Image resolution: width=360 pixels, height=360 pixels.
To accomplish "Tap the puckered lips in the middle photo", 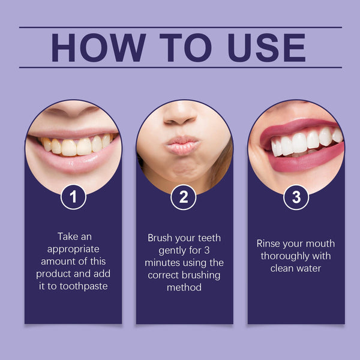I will pos(182,145).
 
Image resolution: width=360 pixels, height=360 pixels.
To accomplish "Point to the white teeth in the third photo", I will pos(303,142).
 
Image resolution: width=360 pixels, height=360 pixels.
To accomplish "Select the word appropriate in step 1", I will pos(73,249).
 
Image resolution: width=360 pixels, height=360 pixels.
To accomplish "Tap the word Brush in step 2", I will pos(161,238).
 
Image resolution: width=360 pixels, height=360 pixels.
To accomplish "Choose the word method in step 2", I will pos(184,288).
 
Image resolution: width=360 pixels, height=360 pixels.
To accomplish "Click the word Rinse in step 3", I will pos(268,244).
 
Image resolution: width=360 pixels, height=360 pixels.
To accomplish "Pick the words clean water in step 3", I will pos(296,269).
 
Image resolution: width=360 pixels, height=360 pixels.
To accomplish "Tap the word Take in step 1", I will pos(68,236).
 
